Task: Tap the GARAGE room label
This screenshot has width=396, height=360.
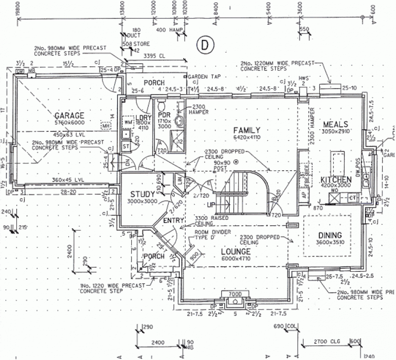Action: click(x=69, y=115)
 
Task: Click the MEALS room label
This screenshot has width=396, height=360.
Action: click(x=336, y=124)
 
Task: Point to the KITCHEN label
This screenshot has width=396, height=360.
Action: click(x=336, y=179)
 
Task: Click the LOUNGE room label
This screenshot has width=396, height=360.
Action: click(x=236, y=251)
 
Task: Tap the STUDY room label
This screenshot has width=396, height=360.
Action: click(x=143, y=194)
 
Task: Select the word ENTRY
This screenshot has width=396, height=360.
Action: click(x=173, y=220)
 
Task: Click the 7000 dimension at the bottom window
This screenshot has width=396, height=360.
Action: click(x=234, y=294)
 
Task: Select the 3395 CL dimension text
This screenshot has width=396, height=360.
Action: click(x=153, y=56)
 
